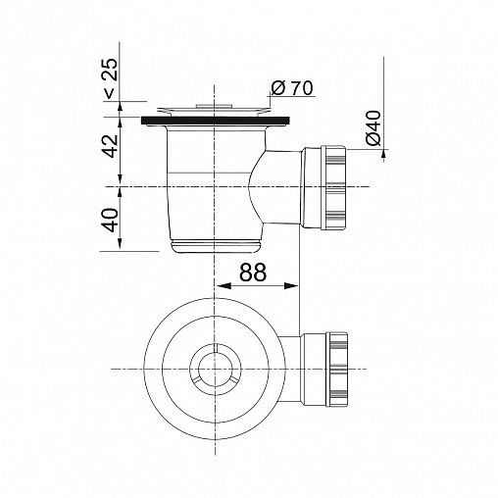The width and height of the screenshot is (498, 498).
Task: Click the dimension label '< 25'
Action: point(110,78)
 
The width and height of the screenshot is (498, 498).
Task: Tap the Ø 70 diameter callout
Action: point(292,87)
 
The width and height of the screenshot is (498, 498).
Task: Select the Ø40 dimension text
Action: point(373,127)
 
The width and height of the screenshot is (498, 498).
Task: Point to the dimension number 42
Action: point(110,146)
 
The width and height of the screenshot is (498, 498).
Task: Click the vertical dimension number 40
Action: point(110,220)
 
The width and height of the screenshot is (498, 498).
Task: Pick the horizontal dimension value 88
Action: point(253,273)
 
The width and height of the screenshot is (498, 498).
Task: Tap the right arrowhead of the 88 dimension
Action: point(291,286)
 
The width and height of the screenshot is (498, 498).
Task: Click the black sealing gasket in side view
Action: point(216,121)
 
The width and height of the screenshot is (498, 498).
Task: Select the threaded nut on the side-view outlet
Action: point(333,188)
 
